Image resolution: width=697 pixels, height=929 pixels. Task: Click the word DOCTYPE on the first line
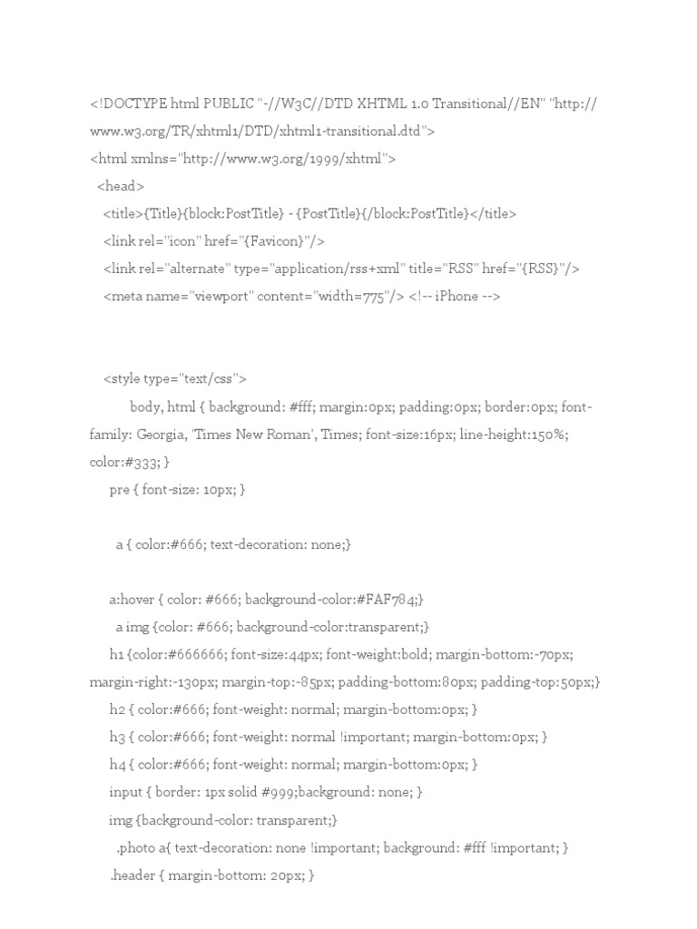[133, 104]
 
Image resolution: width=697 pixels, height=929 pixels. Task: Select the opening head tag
[120, 186]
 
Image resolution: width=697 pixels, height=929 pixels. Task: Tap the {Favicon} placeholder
[278, 240]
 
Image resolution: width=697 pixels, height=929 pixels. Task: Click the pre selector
[118, 490]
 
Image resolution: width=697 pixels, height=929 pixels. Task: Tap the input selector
[126, 792]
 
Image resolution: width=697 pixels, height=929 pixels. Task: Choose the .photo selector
[137, 847]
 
